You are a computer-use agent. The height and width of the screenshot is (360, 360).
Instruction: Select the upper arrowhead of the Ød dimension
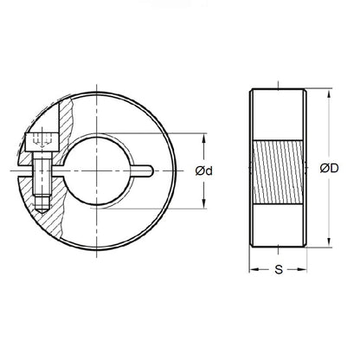[205, 136]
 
